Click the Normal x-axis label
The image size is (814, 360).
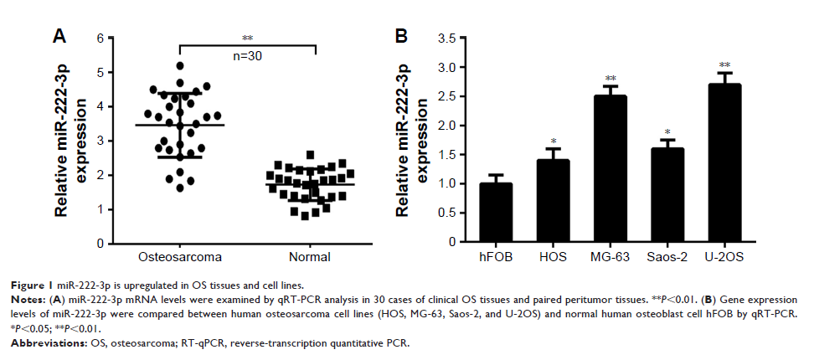click(310, 256)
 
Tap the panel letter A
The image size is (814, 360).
click(59, 34)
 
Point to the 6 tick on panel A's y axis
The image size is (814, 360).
click(100, 39)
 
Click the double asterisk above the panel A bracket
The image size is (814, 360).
click(247, 38)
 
